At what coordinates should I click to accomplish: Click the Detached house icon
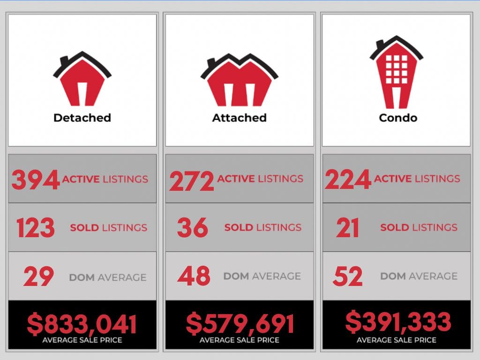click(82, 80)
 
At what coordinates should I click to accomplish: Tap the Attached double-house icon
click(239, 81)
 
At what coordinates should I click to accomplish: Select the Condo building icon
click(396, 73)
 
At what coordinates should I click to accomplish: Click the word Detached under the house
click(82, 118)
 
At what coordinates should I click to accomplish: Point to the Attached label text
click(239, 118)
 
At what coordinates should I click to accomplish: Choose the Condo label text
click(398, 118)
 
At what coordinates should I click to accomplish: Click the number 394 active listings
click(36, 180)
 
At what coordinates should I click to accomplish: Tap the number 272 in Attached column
click(192, 180)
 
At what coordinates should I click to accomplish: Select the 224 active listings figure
click(348, 180)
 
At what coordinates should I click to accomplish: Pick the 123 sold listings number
click(36, 228)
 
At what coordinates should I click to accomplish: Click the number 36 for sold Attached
click(192, 228)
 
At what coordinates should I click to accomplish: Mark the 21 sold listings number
click(347, 228)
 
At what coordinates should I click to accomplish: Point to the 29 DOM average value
click(38, 277)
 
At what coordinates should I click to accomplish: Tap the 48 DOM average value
click(194, 276)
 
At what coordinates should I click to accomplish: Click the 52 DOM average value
click(347, 276)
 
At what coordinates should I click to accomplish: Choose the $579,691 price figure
click(240, 324)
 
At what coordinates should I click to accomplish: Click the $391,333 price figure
click(398, 322)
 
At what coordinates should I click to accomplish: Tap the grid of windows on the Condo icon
click(396, 68)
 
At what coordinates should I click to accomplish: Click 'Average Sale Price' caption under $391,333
click(397, 340)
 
